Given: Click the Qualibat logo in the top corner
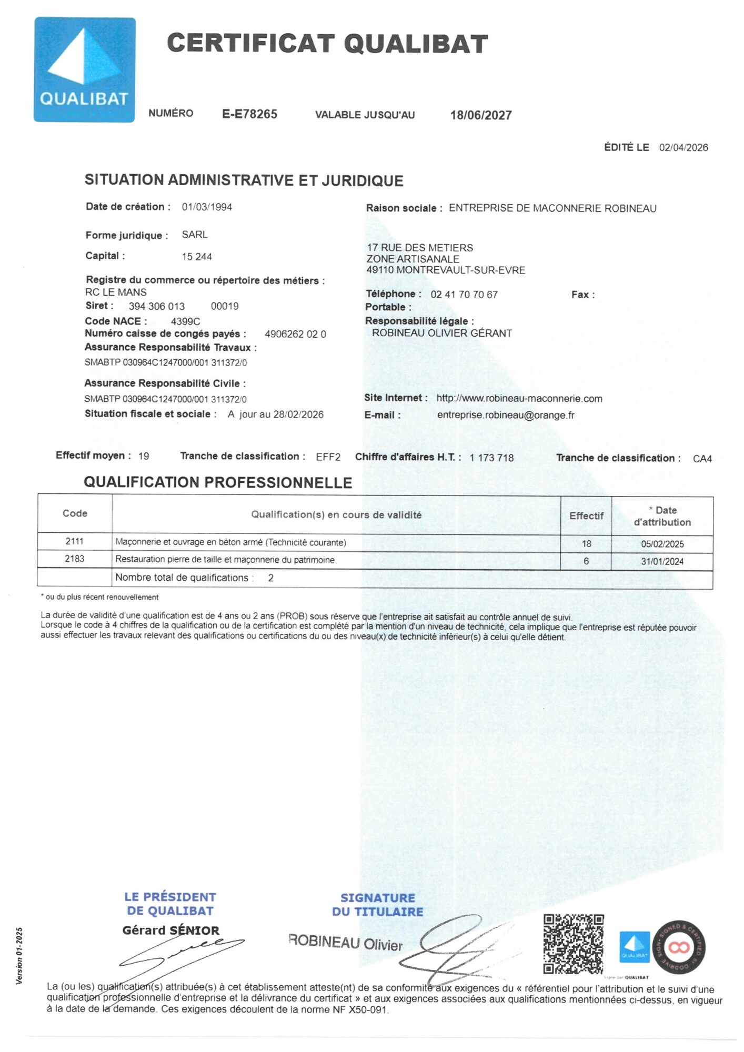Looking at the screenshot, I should [x=85, y=69].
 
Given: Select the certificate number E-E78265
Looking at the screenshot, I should [x=249, y=114].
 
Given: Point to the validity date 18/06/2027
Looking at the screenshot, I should [x=481, y=115].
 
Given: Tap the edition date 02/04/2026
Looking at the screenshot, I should [x=683, y=148].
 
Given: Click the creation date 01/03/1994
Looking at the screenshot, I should [x=207, y=207].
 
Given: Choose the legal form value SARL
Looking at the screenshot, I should [x=195, y=235].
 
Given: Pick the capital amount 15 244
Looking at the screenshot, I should [x=197, y=257].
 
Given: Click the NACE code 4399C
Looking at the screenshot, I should [x=185, y=321].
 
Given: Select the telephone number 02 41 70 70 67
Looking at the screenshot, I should [x=464, y=295].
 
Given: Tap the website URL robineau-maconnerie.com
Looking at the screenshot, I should [x=519, y=399].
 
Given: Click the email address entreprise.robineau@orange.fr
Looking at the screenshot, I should [x=506, y=415].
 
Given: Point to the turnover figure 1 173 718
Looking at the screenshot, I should [x=491, y=458].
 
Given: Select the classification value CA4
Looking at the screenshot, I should [x=702, y=459].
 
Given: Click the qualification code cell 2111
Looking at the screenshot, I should [x=75, y=541].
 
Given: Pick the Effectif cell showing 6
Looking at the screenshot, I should [x=586, y=561].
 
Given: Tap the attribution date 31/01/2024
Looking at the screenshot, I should [x=662, y=562].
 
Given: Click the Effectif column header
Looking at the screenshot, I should [x=586, y=516].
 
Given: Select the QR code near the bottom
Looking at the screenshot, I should [x=574, y=944].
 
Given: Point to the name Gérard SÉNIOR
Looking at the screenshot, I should [x=171, y=930].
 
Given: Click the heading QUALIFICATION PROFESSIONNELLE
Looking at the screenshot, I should [x=218, y=483].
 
